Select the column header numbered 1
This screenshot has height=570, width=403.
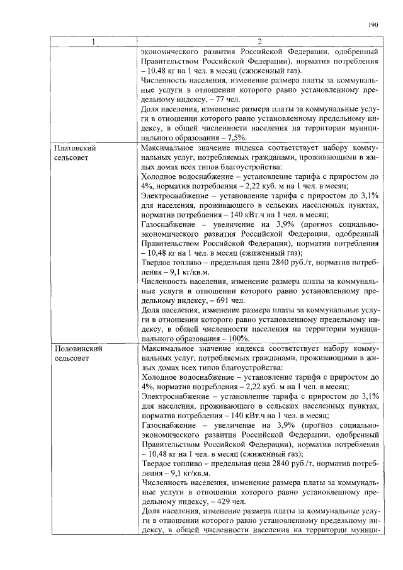[x=94, y=42]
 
